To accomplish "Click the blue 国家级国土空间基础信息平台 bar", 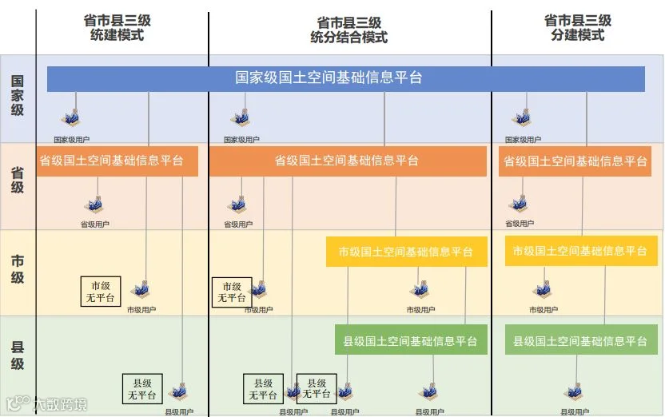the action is (x=345, y=78).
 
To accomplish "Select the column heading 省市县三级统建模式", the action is (x=117, y=28).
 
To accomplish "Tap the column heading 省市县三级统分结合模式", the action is (x=348, y=28).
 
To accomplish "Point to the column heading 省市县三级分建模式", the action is (x=577, y=28).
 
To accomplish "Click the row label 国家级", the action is (x=17, y=96).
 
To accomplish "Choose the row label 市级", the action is (x=17, y=269).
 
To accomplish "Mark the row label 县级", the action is (x=17, y=355).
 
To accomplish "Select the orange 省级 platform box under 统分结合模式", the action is (x=348, y=161).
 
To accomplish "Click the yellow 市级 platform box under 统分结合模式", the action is (x=406, y=252).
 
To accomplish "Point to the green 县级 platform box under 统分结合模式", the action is (x=410, y=340).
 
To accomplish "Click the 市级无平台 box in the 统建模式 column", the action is (x=100, y=292).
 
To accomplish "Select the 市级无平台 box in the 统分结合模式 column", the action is (x=232, y=292).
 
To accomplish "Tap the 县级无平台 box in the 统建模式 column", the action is (x=142, y=389).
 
